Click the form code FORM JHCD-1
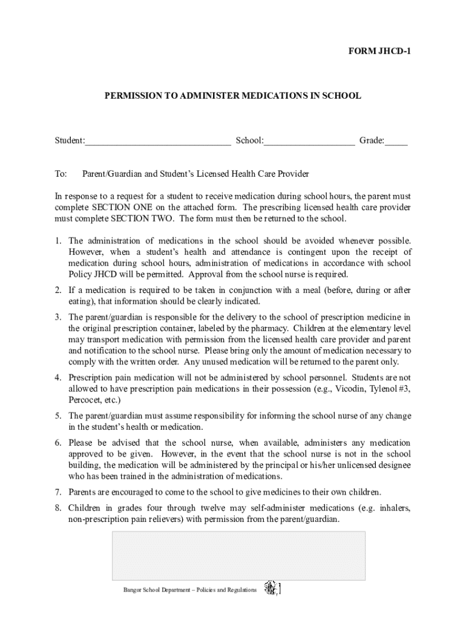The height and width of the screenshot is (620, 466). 379,53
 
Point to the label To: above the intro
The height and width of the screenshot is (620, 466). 61,174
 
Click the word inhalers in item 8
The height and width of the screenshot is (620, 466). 395,508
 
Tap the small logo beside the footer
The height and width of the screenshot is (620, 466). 272,588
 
